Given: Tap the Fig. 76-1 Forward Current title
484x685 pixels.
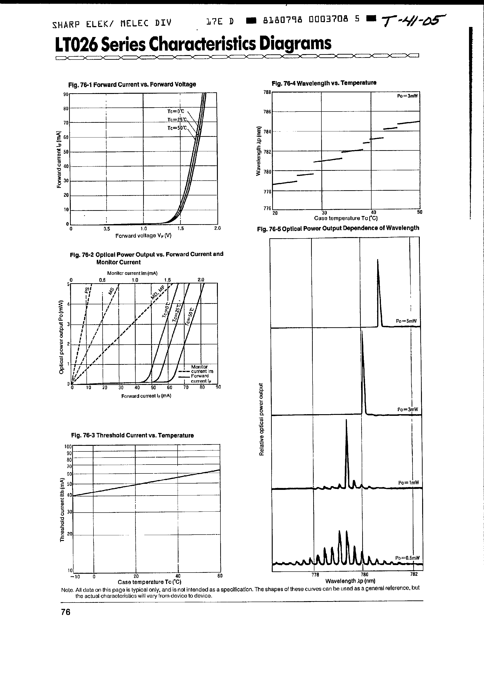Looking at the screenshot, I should point(132,84).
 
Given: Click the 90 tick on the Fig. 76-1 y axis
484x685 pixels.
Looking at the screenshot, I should point(66,94).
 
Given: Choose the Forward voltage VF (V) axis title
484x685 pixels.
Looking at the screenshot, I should point(143,236).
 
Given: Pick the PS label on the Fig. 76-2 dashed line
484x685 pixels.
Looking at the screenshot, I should point(87,290).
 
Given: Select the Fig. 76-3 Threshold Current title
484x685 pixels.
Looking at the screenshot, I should point(132,436).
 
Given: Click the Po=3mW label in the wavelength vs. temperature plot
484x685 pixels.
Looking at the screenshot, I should point(407,96).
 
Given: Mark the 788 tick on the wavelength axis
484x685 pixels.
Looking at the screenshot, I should point(267,92).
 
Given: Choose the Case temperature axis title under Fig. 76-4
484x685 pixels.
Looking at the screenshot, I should point(346,218).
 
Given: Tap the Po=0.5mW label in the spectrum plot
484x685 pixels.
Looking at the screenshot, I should point(407,558).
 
